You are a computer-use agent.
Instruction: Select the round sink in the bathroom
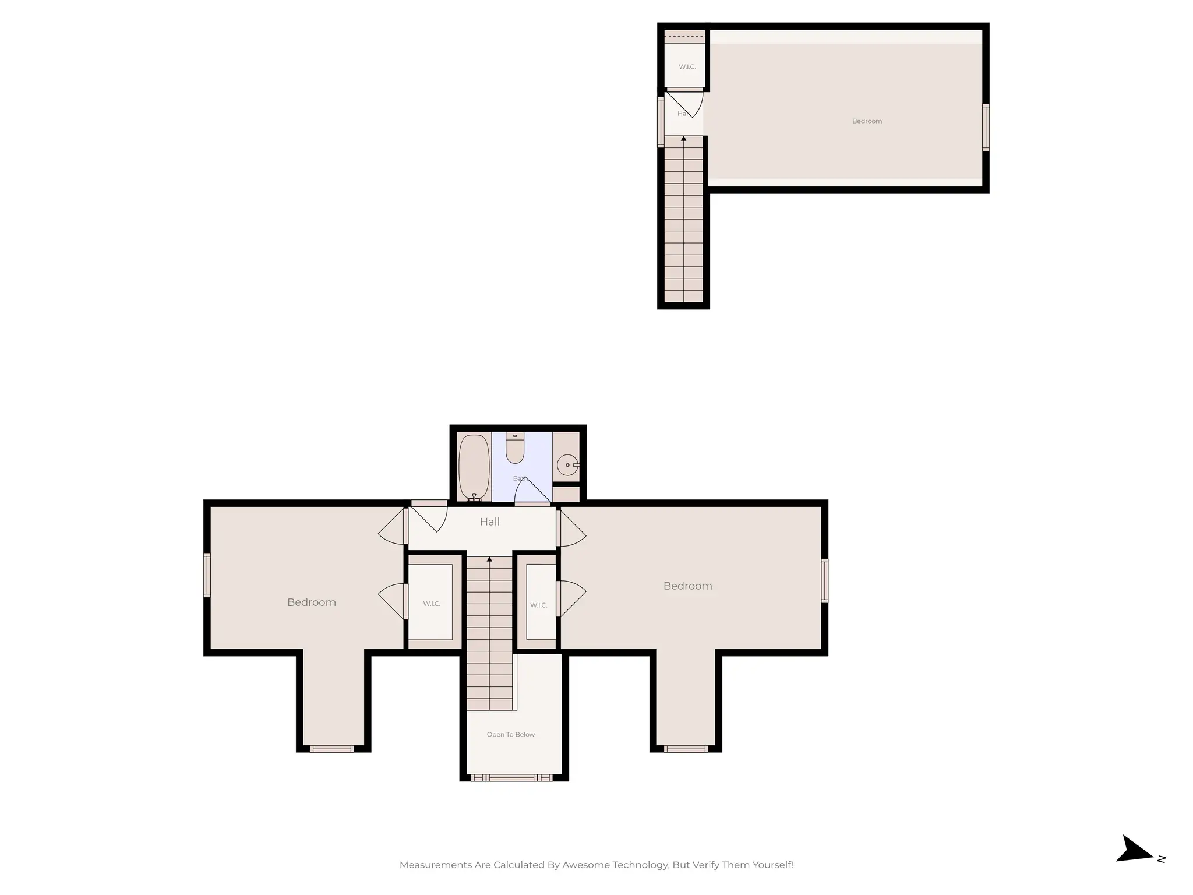click(567, 465)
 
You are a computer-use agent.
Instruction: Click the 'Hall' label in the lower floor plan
click(489, 522)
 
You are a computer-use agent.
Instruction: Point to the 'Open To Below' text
click(510, 734)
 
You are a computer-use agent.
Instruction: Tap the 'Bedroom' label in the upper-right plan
click(867, 121)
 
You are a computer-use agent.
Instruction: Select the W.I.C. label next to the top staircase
click(687, 67)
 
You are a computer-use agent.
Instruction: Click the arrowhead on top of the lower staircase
click(489, 559)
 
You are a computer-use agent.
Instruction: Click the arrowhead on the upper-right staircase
click(683, 139)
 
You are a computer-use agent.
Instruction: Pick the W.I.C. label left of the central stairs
click(432, 604)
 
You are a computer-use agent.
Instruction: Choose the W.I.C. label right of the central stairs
click(538, 605)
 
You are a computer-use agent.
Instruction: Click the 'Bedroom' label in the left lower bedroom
click(311, 602)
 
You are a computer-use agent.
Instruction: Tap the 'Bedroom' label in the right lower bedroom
click(687, 586)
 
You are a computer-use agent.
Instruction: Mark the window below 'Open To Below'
click(511, 777)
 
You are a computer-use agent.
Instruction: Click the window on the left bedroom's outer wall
click(206, 575)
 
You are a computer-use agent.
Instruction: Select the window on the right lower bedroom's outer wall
click(825, 580)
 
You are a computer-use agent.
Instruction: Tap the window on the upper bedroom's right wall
click(986, 128)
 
